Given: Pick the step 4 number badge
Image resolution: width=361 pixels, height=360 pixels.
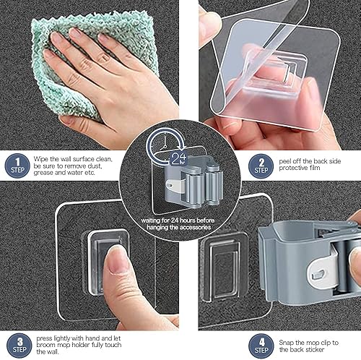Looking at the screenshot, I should click(261, 343).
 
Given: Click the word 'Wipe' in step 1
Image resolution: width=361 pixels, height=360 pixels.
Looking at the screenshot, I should click(41, 158).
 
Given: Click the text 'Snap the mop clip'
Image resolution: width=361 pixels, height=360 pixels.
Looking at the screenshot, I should click(306, 343).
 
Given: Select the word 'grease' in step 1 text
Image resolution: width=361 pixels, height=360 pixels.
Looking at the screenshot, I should click(45, 173).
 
